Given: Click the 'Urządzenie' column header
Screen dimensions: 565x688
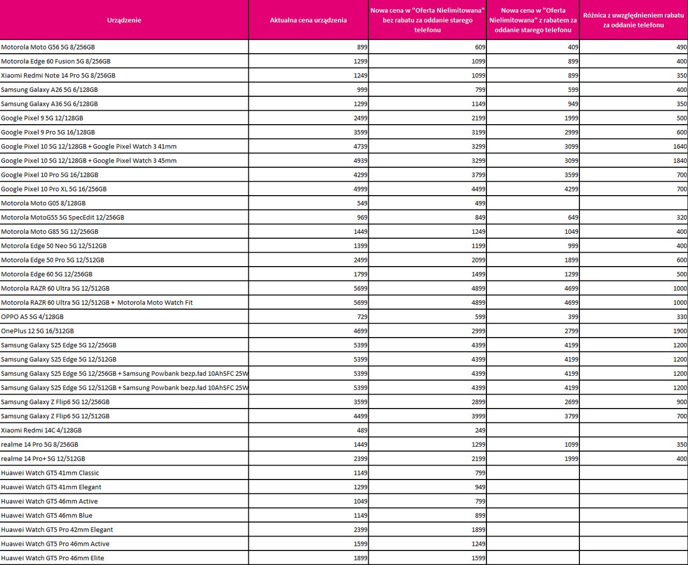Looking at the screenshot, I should [x=124, y=20].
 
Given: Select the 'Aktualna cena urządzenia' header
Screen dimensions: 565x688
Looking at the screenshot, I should [x=308, y=20].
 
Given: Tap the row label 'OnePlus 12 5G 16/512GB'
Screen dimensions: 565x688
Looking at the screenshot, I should [x=38, y=331].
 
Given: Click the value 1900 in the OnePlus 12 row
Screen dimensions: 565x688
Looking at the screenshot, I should [x=680, y=331].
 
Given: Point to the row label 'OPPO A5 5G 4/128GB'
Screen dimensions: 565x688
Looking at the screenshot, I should [x=32, y=317].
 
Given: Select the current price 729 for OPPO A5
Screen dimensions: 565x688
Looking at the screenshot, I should [x=362, y=317].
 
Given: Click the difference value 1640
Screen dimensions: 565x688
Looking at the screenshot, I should [x=680, y=146].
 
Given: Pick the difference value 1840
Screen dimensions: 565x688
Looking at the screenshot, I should [x=680, y=161].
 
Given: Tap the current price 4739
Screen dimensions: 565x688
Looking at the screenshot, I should [x=361, y=146].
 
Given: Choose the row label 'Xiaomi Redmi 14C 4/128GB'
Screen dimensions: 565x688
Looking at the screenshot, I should [x=41, y=430].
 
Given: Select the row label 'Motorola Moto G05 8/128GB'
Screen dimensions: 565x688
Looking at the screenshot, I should [x=44, y=203].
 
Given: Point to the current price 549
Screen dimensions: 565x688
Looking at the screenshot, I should [x=362, y=203].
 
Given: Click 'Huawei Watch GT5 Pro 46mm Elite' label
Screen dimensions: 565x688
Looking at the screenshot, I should [x=53, y=558].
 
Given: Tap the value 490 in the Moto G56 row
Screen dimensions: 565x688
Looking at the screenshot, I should [x=682, y=47].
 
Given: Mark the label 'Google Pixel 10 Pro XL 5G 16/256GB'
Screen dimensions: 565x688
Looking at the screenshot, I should [x=54, y=189].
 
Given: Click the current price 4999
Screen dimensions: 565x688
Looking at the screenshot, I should [x=361, y=189].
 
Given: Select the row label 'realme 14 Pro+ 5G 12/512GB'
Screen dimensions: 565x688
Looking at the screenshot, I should [x=43, y=459].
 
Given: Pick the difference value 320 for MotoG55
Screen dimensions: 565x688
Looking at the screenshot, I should [x=682, y=218].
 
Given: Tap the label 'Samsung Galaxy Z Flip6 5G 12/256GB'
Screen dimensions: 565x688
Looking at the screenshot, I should [x=55, y=402].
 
